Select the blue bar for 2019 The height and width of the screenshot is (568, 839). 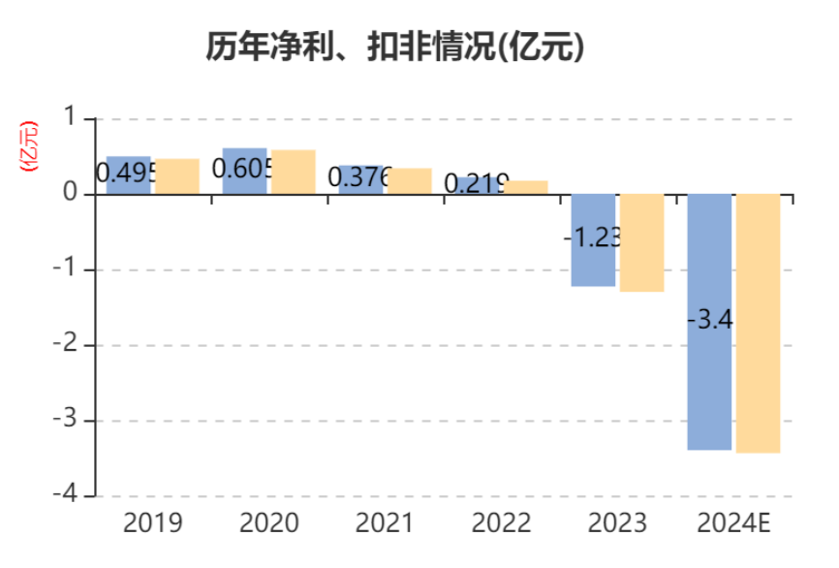pyautogui.click(x=128, y=163)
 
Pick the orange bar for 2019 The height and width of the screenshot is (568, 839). pyautogui.click(x=177, y=176)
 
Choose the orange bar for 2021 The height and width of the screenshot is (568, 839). pyautogui.click(x=410, y=181)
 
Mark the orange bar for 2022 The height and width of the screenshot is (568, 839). pyautogui.click(x=526, y=187)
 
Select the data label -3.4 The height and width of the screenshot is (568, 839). pyautogui.click(x=709, y=319)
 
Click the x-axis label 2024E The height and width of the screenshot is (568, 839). pyautogui.click(x=734, y=524)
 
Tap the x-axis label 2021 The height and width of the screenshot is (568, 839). pyautogui.click(x=385, y=524)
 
